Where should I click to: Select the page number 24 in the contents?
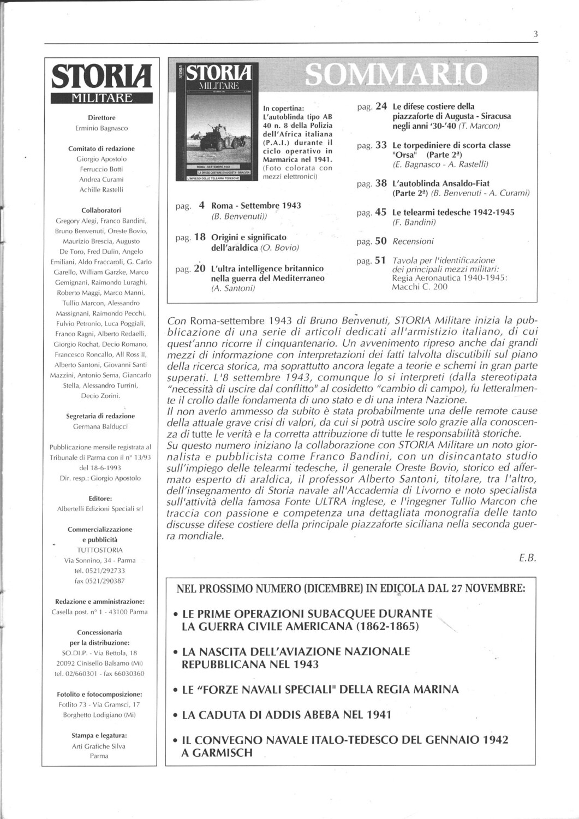click(381, 106)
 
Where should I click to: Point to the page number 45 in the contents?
click(381, 212)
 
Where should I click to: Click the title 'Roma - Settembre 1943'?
click(256, 206)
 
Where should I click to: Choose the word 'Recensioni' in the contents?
click(413, 241)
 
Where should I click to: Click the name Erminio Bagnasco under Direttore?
click(102, 128)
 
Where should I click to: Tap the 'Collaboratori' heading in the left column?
click(101, 210)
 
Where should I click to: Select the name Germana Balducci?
click(102, 426)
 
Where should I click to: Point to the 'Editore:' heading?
click(101, 498)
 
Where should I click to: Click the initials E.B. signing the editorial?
click(528, 558)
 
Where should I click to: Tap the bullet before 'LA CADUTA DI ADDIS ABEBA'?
click(175, 715)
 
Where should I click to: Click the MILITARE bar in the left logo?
click(102, 98)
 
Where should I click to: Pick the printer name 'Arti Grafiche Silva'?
click(99, 746)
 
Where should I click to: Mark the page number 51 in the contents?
click(381, 260)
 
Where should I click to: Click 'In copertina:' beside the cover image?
click(283, 108)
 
